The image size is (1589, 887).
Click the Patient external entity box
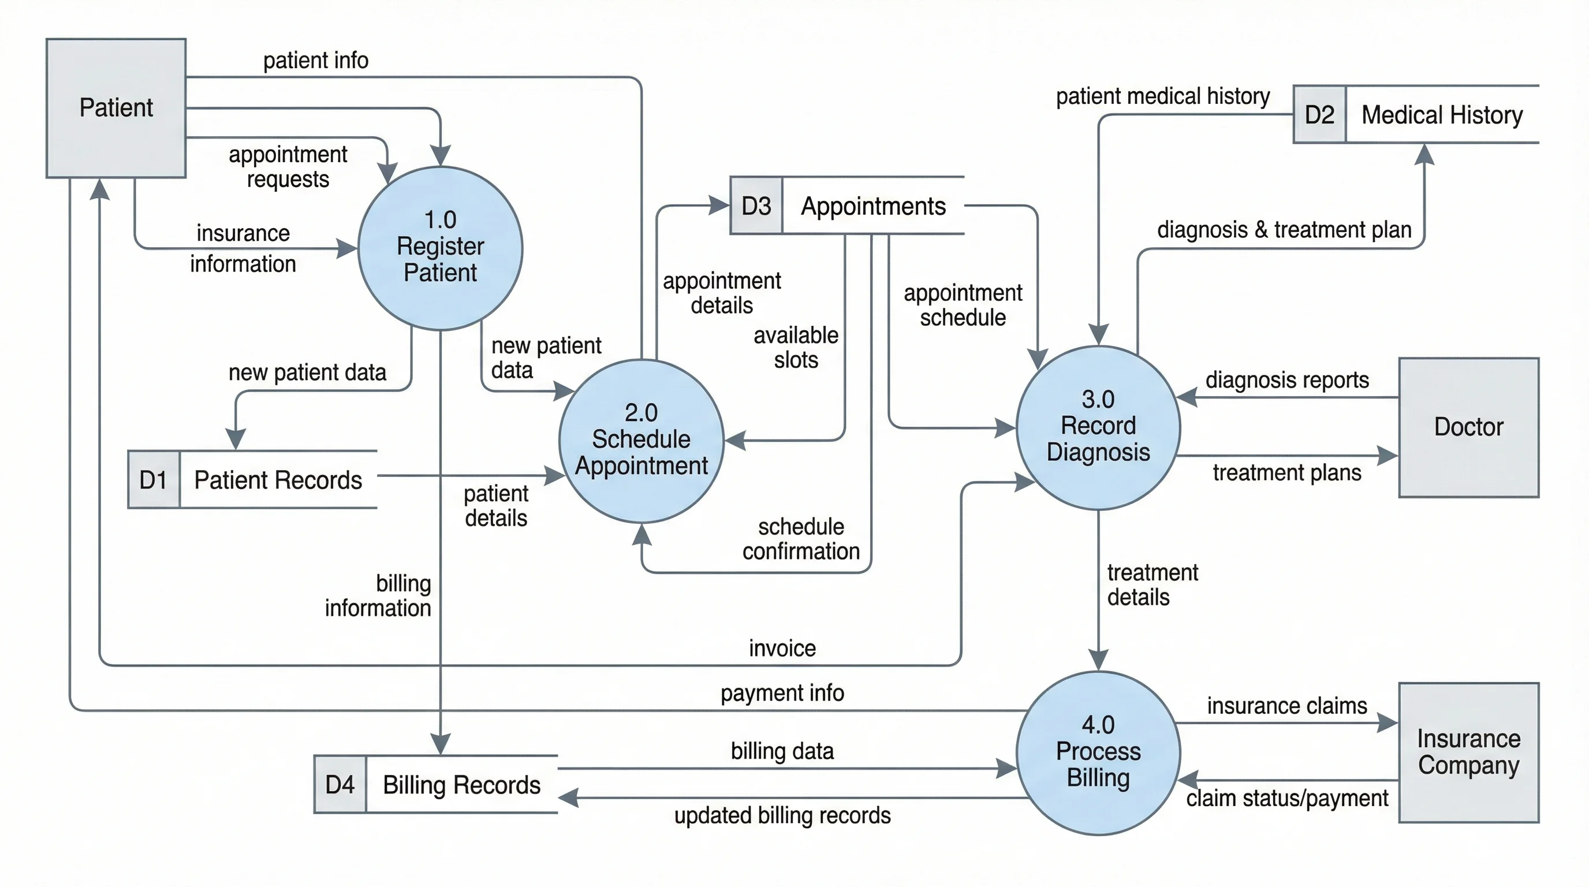point(116,108)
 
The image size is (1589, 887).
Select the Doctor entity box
point(1468,427)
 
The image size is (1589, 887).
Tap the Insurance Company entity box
point(1468,752)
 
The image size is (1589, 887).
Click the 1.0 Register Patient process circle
point(440,247)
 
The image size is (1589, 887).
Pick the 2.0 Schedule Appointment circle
point(641,441)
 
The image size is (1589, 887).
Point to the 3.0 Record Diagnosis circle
point(1098,427)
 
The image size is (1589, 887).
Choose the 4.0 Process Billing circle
point(1098,752)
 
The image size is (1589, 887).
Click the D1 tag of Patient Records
point(154,479)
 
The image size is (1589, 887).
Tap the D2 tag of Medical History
point(1319,115)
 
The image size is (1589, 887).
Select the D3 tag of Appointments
point(756,206)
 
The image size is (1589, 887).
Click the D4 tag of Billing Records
point(340,784)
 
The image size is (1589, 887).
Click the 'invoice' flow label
point(782,649)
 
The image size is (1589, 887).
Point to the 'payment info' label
point(782,693)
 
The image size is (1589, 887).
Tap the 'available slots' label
point(796,347)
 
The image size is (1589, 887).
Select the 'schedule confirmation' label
point(801,538)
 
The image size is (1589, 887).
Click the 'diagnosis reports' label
point(1287,379)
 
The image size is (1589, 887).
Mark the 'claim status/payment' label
point(1287,797)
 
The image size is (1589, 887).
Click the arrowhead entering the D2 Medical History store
point(1424,154)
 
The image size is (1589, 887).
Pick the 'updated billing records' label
point(782,815)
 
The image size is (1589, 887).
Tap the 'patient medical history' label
point(1162,96)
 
